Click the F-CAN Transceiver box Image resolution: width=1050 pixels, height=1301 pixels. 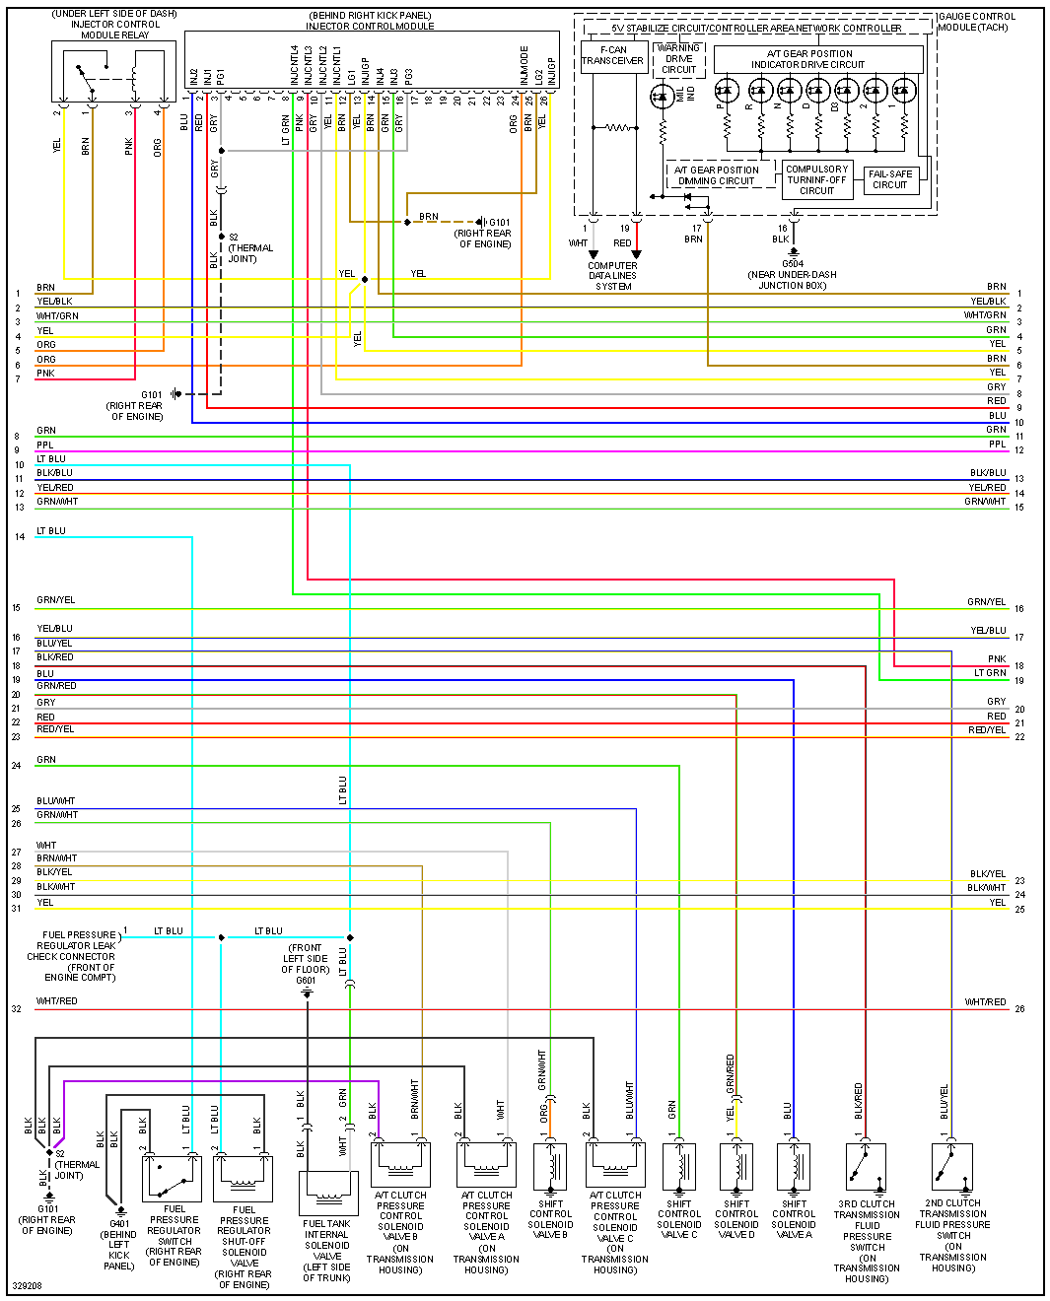(612, 55)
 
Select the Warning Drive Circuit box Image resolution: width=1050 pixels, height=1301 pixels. (678, 59)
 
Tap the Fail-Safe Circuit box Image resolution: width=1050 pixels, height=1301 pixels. (890, 179)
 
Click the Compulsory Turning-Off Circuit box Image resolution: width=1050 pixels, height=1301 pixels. (816, 180)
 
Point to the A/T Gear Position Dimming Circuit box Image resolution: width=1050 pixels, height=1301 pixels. (717, 175)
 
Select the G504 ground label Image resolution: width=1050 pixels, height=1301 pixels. (793, 263)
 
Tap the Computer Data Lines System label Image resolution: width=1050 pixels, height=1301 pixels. (612, 276)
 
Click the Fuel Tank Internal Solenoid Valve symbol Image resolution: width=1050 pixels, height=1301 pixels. (328, 1193)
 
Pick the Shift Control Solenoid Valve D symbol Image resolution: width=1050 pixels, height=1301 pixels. (736, 1167)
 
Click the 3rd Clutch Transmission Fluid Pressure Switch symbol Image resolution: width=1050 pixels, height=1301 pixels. (866, 1167)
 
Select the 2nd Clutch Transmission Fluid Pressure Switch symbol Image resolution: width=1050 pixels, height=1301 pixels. (952, 1167)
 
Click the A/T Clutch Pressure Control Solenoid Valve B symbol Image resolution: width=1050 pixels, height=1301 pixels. (400, 1164)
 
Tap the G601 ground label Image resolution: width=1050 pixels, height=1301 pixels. (306, 981)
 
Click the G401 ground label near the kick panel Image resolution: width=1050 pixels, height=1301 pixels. (119, 1225)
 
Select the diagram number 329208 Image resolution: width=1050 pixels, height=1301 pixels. (28, 1286)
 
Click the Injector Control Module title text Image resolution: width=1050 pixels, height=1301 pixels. (370, 27)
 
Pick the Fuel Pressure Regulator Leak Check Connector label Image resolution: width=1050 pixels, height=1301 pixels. (78, 956)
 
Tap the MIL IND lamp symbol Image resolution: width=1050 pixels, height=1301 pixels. (663, 96)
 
